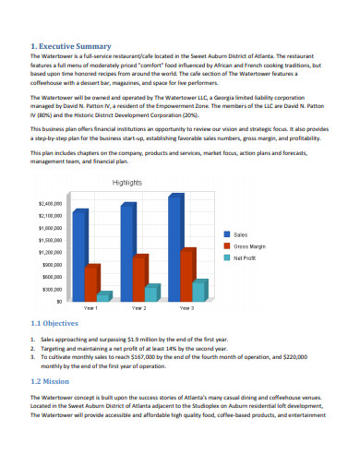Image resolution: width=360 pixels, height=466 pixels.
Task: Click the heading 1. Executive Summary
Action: point(71,45)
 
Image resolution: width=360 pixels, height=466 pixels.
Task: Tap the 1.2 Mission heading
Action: point(51,381)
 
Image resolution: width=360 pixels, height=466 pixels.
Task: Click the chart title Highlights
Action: point(127,183)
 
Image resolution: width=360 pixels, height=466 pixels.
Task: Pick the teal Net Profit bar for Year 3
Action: point(199,289)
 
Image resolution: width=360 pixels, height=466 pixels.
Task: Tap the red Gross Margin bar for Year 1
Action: point(91,281)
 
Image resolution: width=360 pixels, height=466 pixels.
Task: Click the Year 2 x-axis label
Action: point(138,306)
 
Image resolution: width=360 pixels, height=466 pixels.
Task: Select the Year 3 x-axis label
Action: point(187,306)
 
